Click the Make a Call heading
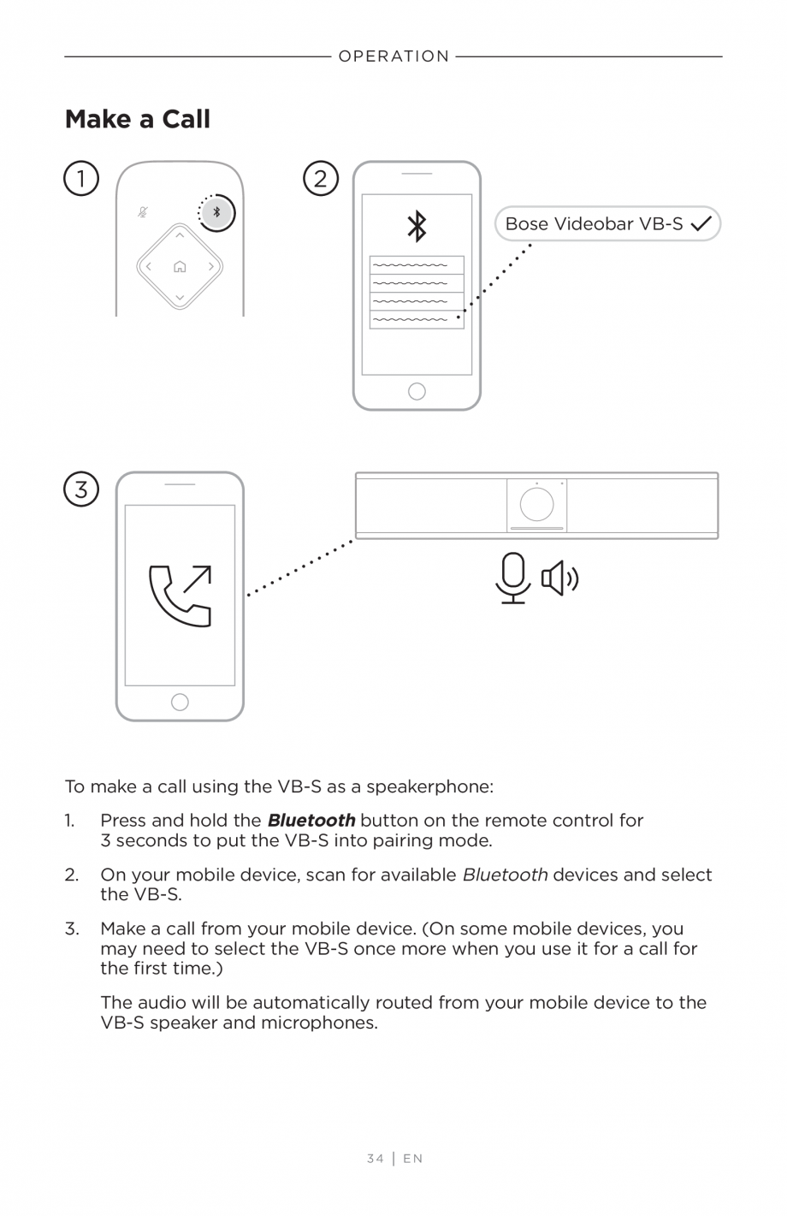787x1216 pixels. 138,119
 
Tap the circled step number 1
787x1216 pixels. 81,179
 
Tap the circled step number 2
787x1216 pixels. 321,179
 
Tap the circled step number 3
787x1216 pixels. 81,489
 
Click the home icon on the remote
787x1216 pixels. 180,267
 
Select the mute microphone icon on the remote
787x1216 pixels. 143,212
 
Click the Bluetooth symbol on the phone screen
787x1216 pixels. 417,227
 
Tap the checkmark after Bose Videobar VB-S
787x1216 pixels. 701,224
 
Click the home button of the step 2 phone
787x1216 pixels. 417,392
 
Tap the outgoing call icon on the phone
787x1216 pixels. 180,596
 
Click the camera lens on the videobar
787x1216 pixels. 536,504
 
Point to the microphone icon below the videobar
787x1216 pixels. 513,578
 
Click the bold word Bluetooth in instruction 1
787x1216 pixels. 311,821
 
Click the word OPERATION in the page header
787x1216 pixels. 393,56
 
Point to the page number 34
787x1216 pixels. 375,1159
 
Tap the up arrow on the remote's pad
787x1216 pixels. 180,236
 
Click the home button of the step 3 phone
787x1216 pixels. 180,703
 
